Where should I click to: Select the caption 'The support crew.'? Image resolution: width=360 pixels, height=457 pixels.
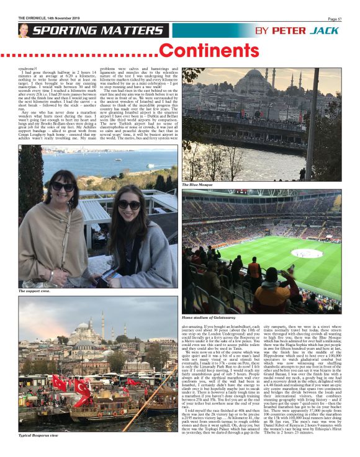pos(35,290)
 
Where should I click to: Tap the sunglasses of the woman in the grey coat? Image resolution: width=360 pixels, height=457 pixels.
pos(130,205)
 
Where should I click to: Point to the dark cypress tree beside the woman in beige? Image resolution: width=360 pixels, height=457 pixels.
pos(30,186)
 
